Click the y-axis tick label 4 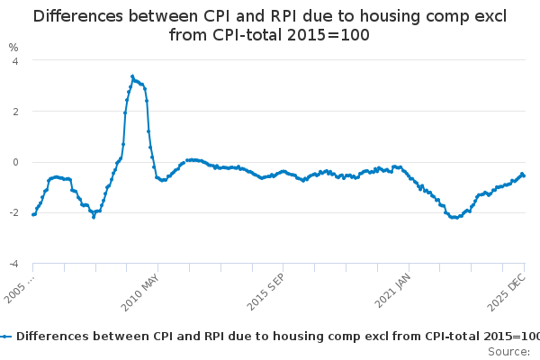[14, 61]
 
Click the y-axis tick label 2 [14, 112]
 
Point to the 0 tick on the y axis [14, 162]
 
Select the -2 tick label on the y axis [13, 213]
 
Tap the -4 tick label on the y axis [13, 264]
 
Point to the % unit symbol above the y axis [13, 47]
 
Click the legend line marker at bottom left [6, 336]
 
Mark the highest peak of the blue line [132, 76]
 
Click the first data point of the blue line [33, 214]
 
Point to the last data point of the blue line [524, 175]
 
